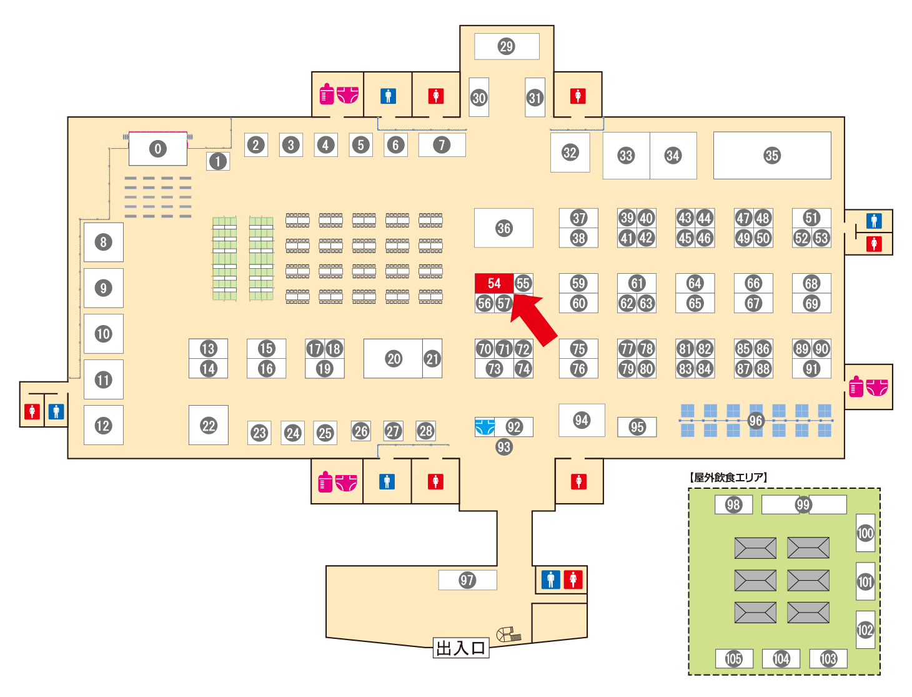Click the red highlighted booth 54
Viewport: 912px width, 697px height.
pyautogui.click(x=493, y=283)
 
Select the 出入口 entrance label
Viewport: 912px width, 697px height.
pyautogui.click(x=460, y=648)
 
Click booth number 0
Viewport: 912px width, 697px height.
pyautogui.click(x=157, y=148)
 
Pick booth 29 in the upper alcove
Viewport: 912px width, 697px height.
pyautogui.click(x=507, y=46)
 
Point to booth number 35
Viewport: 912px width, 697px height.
pyautogui.click(x=771, y=156)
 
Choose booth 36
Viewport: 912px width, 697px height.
pyautogui.click(x=503, y=228)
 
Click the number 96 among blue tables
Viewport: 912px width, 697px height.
pyautogui.click(x=755, y=420)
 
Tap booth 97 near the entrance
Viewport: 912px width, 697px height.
pyautogui.click(x=467, y=579)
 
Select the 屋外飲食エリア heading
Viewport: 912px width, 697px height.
pyautogui.click(x=728, y=477)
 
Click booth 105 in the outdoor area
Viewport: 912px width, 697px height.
pyautogui.click(x=733, y=658)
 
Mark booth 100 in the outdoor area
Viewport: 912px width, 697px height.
pyautogui.click(x=865, y=533)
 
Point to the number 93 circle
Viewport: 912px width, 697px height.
pyautogui.click(x=503, y=447)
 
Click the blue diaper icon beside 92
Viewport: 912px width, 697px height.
pyautogui.click(x=485, y=427)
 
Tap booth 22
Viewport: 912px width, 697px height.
pyautogui.click(x=208, y=425)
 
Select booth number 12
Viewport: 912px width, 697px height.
pyautogui.click(x=104, y=425)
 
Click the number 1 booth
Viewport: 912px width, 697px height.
pyautogui.click(x=218, y=161)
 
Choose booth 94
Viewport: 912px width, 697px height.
pyautogui.click(x=582, y=420)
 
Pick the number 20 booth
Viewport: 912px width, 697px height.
pyautogui.click(x=393, y=358)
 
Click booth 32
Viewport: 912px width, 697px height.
pyautogui.click(x=570, y=152)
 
